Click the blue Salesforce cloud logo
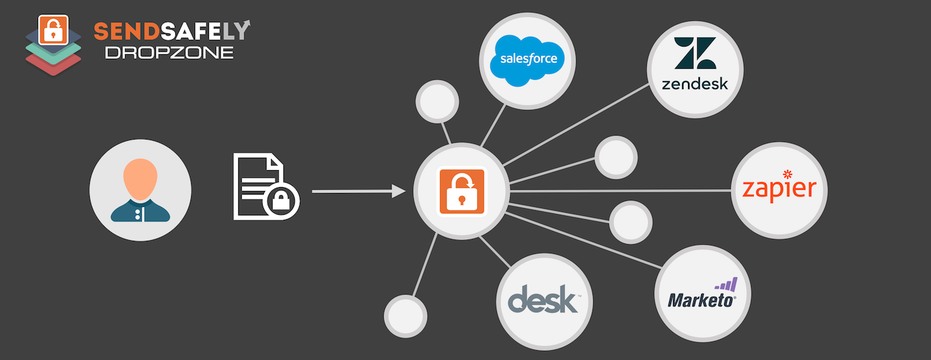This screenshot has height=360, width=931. tap(528, 60)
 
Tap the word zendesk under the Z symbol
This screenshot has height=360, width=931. tap(695, 84)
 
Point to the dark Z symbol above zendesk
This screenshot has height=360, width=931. tap(695, 53)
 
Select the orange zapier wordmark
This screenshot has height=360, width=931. tap(779, 190)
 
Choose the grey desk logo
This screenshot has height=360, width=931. tap(543, 300)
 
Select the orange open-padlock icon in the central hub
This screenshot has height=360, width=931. tap(462, 190)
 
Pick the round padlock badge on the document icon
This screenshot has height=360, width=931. tap(281, 201)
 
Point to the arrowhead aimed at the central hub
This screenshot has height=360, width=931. tap(398, 191)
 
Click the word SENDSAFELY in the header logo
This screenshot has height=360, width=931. tap(172, 31)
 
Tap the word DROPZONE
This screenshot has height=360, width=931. tap(169, 52)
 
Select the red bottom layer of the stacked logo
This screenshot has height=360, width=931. tap(54, 63)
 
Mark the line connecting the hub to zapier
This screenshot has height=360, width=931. tap(622, 190)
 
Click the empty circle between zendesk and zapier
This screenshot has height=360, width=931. tap(615, 157)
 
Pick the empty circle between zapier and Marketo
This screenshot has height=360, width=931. tap(630, 222)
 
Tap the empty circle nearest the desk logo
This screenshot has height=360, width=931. tap(405, 315)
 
